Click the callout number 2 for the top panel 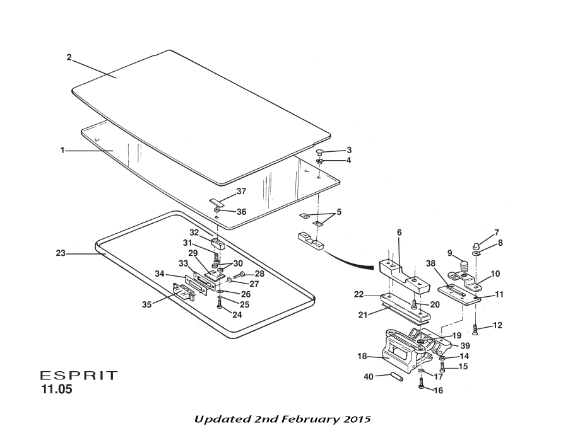(69, 57)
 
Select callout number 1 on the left (62, 150)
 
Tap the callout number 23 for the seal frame (61, 253)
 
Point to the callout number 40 (369, 376)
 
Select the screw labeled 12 (475, 328)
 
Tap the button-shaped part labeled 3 (320, 152)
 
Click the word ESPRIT (79, 376)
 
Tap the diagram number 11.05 (57, 389)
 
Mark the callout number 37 (241, 191)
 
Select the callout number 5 (339, 212)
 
